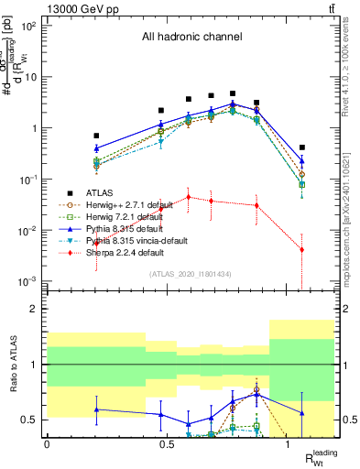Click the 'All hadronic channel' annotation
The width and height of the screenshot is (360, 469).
pyautogui.click(x=191, y=38)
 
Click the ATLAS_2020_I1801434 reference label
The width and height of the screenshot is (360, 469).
pyautogui.click(x=191, y=273)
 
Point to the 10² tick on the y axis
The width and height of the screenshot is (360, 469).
pyautogui.click(x=29, y=26)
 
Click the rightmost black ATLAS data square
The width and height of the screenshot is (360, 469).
pyautogui.click(x=302, y=147)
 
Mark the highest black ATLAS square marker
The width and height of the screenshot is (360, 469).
pyautogui.click(x=234, y=93)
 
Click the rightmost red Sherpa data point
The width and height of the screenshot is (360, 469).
pyautogui.click(x=302, y=250)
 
